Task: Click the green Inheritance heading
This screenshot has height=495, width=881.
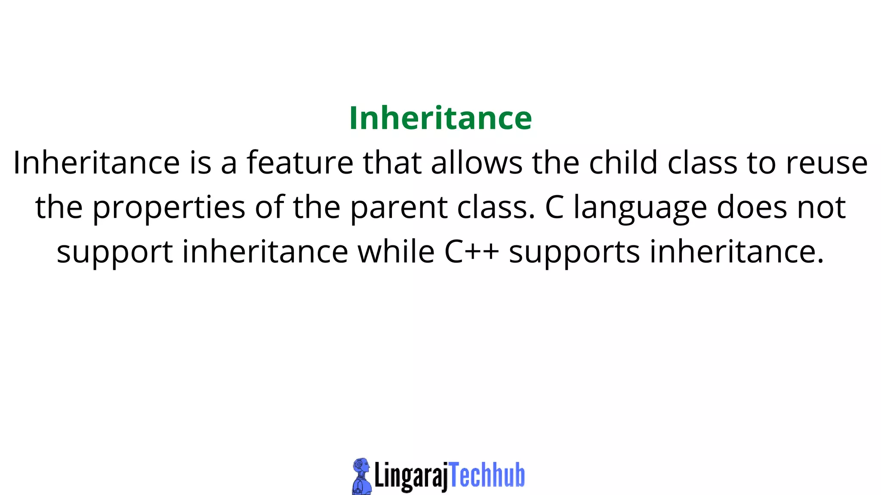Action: pyautogui.click(x=440, y=118)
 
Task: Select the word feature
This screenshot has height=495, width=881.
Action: pyautogui.click(x=300, y=163)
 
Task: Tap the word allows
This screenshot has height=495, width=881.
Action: pyautogui.click(x=477, y=163)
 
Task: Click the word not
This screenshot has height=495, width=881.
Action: pyautogui.click(x=822, y=208)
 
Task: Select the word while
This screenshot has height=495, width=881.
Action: pyautogui.click(x=396, y=252)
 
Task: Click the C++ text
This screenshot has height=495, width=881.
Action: pyautogui.click(x=471, y=252)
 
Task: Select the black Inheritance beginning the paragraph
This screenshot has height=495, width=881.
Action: pyautogui.click(x=96, y=163)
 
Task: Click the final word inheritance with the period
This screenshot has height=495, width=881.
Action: pyautogui.click(x=737, y=252)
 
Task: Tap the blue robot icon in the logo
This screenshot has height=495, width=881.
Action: pyautogui.click(x=361, y=476)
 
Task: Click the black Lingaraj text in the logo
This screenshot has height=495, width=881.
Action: pyautogui.click(x=411, y=476)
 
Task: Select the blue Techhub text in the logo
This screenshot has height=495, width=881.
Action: pyautogui.click(x=487, y=475)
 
